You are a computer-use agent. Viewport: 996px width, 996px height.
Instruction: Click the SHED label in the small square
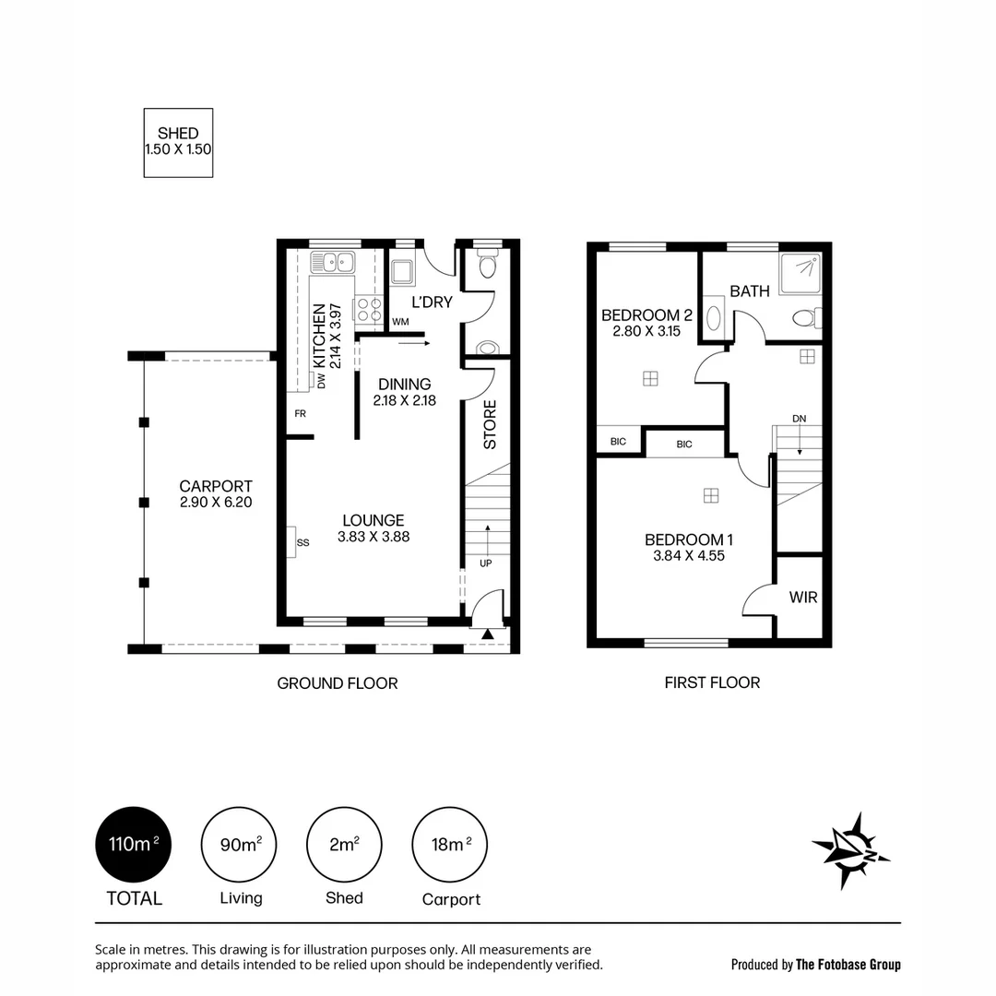pos(178,134)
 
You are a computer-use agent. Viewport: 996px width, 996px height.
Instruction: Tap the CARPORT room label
pos(216,486)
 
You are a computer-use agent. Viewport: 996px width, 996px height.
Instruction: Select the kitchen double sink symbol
pos(334,262)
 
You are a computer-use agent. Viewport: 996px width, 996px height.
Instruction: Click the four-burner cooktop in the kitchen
pos(370,310)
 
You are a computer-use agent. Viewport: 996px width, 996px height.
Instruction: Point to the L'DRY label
pos(431,302)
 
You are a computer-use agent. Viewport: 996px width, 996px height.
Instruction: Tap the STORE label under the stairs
pos(490,423)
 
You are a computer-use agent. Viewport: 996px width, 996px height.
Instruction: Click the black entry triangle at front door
pos(488,634)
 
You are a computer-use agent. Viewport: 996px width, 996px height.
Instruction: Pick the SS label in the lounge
pos(302,542)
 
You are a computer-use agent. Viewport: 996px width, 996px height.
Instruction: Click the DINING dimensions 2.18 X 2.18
pos(405,401)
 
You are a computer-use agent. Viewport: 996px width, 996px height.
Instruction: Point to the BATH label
pos(750,291)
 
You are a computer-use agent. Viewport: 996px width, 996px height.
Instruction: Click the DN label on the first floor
pos(800,419)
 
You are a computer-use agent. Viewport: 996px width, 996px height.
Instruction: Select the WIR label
pos(802,598)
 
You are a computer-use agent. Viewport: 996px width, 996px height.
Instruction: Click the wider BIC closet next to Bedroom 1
pos(684,444)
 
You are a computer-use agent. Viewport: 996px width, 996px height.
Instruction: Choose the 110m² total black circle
pos(134,844)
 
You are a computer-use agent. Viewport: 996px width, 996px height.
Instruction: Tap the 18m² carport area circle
pos(450,844)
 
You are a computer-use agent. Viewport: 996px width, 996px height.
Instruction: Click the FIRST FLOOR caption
pos(712,682)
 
